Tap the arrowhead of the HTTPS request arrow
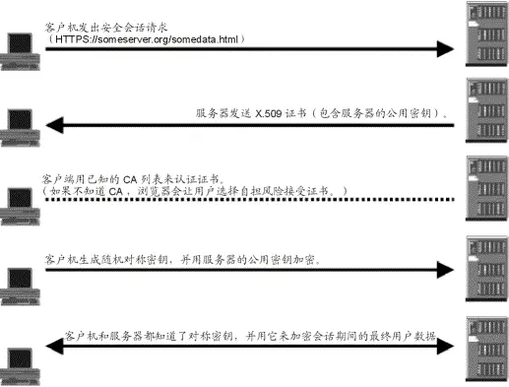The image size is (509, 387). (x=450, y=50)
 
